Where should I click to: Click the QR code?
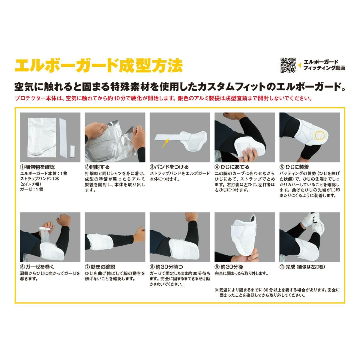point(288,65)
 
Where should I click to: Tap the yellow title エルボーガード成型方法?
point(99,66)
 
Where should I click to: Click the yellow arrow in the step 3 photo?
point(166,143)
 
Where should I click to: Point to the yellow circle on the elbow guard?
point(319,135)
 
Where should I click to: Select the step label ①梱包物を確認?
point(37,167)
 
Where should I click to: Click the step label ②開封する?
point(97,167)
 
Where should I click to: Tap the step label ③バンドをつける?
point(169,167)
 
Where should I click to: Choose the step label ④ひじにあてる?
point(232,167)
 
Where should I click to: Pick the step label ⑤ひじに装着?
point(294,167)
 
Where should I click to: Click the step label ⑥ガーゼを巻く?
point(37,267)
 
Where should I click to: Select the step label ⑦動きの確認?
point(100,267)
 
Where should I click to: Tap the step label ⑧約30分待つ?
point(166,267)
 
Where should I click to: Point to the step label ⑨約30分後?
point(229,267)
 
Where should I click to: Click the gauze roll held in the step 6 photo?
point(44,229)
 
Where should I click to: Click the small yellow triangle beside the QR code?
point(300,65)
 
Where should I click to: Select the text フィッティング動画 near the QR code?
point(324,68)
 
